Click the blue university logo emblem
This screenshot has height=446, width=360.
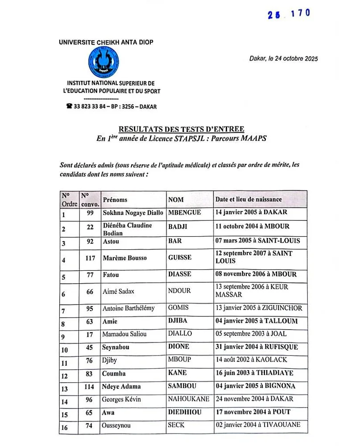[104, 62]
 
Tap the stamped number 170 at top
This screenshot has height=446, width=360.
[300, 13]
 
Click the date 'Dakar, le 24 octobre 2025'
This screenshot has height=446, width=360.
[283, 58]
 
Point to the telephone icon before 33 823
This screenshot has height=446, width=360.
[70, 107]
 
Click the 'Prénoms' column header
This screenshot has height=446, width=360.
[115, 200]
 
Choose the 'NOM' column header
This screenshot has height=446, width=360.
[176, 200]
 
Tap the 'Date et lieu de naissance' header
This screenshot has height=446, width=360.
[248, 199]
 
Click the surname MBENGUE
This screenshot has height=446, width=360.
[185, 213]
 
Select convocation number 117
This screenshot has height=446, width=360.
[90, 258]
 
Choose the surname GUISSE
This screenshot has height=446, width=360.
[180, 258]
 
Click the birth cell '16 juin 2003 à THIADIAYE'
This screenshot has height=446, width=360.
[254, 373]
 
